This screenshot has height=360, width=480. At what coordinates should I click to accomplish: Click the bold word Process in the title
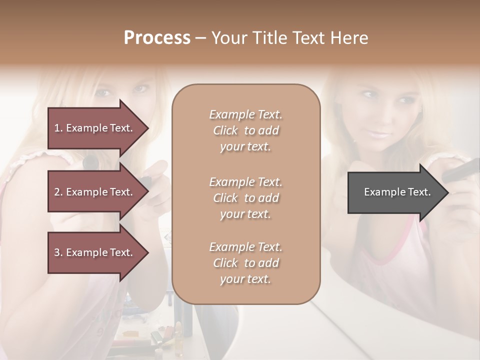[157, 37]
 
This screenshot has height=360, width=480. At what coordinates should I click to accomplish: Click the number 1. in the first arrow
[58, 128]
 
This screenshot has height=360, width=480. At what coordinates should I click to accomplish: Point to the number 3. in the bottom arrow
[58, 252]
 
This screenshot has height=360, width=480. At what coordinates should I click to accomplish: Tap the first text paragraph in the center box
[245, 130]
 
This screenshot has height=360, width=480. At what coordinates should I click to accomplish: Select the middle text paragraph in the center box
[245, 197]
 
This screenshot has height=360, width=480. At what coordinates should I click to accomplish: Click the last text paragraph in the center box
[245, 263]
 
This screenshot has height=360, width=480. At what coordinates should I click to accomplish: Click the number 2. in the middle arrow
[58, 192]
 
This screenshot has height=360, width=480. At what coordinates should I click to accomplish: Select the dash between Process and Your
[200, 38]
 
